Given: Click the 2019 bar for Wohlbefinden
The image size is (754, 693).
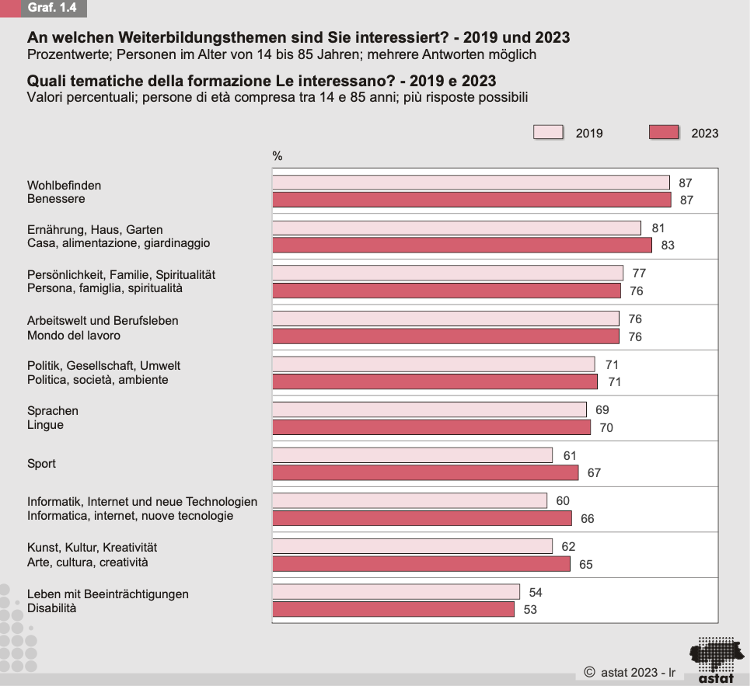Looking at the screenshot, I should tap(470, 183).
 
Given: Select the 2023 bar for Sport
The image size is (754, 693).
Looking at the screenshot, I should tap(425, 472).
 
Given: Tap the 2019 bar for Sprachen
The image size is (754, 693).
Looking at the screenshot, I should tap(429, 409).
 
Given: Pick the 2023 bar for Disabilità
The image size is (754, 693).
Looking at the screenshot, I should tap(393, 609).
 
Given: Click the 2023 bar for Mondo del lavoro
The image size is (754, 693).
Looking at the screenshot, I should tap(445, 336).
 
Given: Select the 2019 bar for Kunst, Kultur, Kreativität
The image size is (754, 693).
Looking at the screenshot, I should tap(412, 546).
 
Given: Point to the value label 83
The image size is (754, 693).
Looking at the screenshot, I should tap(667, 246).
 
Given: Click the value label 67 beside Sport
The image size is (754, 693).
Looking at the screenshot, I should tap(594, 473).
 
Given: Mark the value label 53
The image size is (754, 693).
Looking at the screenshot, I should tap(530, 610).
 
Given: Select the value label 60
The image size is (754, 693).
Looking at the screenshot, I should tap(563, 501).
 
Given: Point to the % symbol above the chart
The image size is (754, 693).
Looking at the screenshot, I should tap(278, 156).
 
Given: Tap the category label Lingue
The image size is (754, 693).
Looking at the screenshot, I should tap(45, 425).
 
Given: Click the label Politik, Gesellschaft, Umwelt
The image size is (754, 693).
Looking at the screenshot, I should tap(103, 365).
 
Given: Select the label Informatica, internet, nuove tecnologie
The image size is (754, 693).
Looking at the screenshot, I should tap(130, 516).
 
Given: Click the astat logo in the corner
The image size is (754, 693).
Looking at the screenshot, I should tap(715, 660).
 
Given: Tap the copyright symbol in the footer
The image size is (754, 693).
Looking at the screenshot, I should tap(589, 671).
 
